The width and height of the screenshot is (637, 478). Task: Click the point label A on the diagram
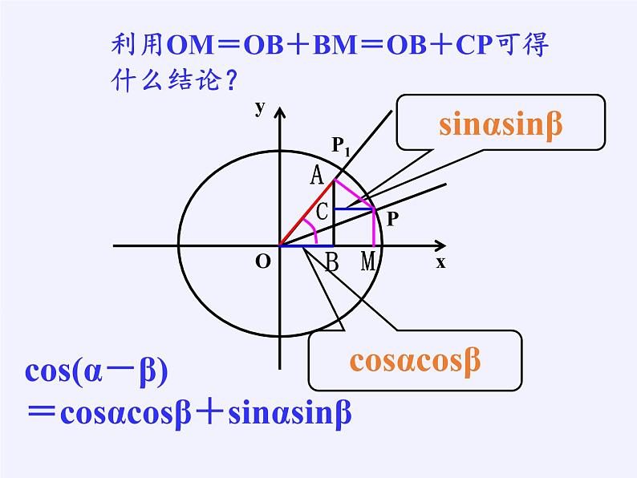[317, 175]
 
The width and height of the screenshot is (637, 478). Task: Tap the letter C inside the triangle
[322, 213]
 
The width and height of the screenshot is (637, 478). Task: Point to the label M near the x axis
[368, 261]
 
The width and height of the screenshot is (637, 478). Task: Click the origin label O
[262, 261]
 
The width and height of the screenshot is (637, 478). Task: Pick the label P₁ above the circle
[342, 146]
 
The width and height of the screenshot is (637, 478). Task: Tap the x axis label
[440, 262]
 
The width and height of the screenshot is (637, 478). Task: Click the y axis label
[260, 108]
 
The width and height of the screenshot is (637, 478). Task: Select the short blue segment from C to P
[354, 209]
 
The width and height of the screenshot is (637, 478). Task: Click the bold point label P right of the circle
[392, 217]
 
